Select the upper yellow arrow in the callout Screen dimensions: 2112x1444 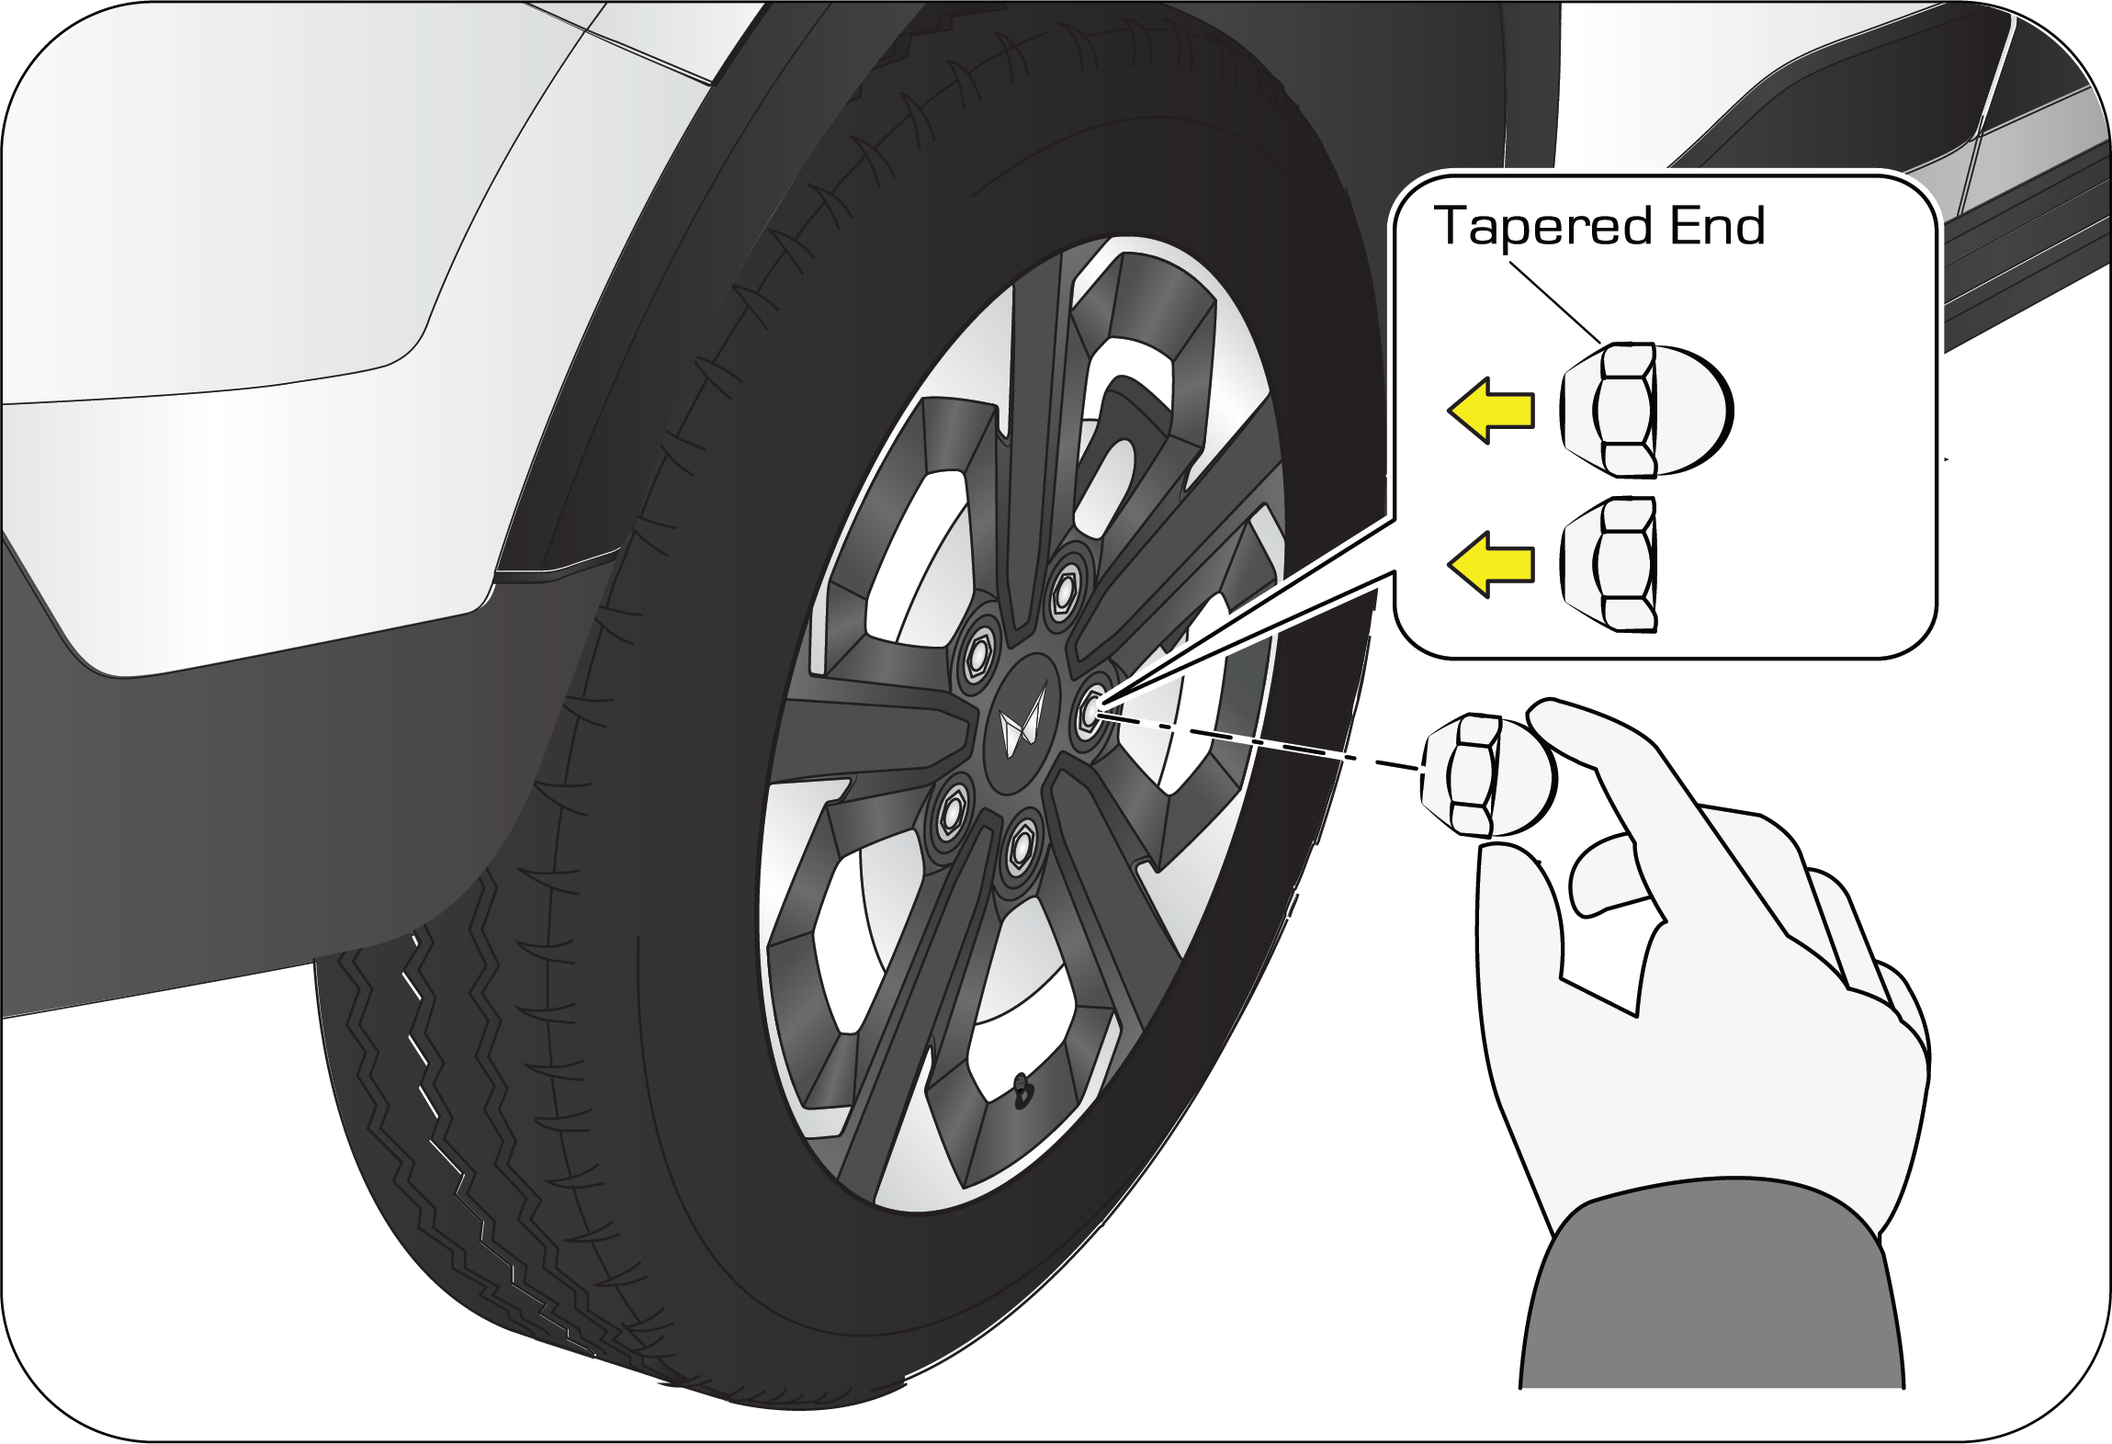[1490, 411]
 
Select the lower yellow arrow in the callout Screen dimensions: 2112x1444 [1490, 564]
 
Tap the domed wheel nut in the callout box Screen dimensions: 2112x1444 [1644, 410]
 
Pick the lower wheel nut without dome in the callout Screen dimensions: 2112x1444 [1609, 564]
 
